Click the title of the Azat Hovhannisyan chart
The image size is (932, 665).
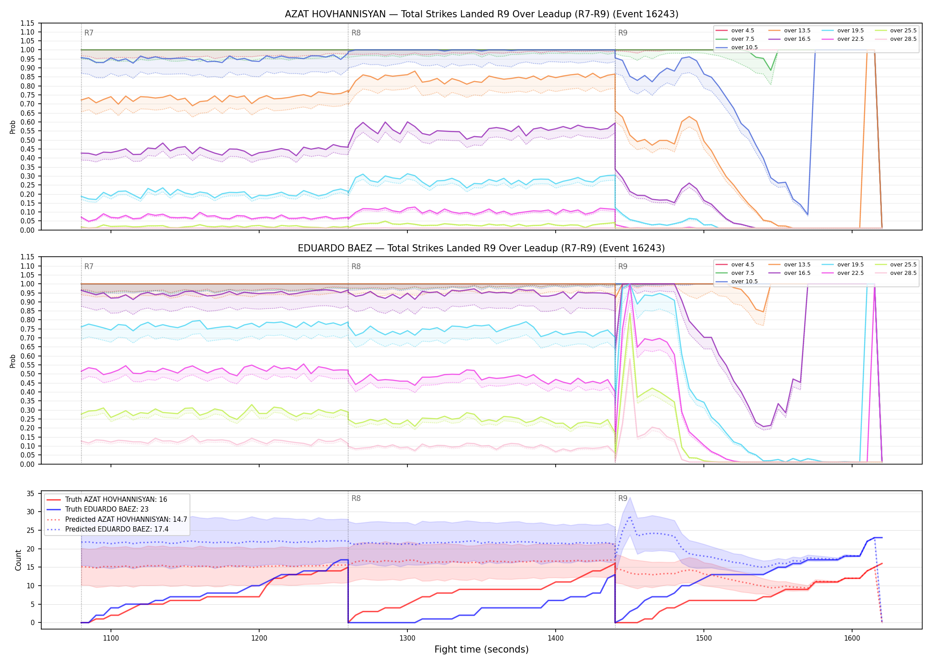click(482, 14)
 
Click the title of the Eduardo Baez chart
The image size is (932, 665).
click(482, 248)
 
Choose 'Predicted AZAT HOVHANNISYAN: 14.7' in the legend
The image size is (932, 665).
click(117, 519)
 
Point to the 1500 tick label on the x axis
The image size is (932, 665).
click(704, 638)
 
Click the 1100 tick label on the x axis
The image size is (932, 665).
click(111, 638)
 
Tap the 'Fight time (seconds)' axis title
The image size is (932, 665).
click(482, 649)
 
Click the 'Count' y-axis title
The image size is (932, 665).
click(18, 560)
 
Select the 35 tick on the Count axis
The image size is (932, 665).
click(31, 493)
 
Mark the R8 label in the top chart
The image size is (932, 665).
click(356, 33)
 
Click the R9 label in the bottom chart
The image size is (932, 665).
click(623, 498)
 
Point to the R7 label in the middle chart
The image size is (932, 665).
click(89, 266)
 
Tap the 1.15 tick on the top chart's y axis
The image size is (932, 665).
click(28, 23)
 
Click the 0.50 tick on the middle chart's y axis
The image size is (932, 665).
click(28, 374)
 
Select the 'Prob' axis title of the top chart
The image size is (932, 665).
click(13, 127)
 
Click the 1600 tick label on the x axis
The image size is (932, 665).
click(852, 638)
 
